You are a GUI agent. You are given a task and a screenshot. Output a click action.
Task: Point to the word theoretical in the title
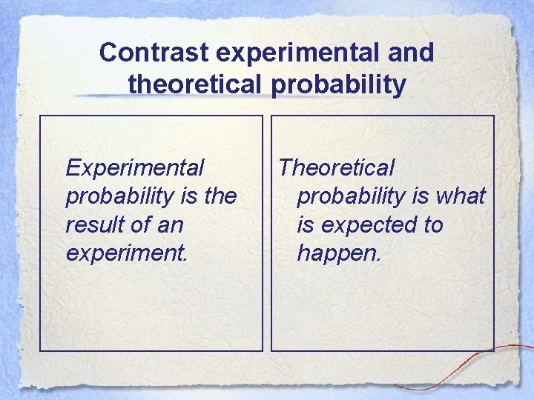tap(194, 85)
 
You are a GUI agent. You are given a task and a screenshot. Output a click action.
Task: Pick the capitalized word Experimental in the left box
tap(134, 167)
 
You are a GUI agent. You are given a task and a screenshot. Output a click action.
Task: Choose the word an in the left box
tap(168, 224)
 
